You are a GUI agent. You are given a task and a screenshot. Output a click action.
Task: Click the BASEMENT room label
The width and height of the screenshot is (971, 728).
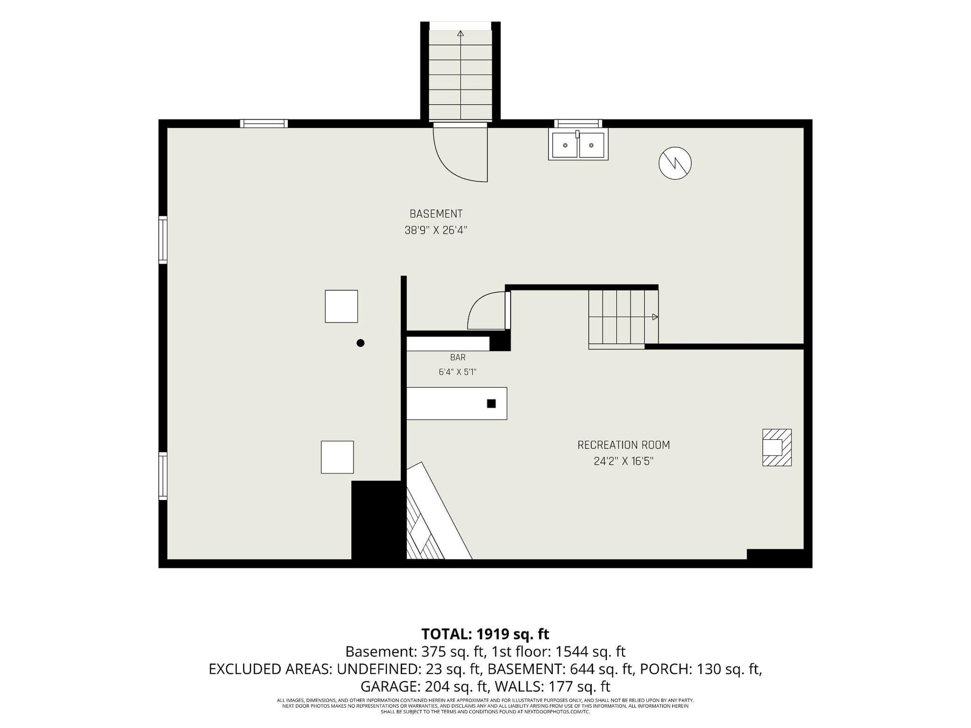(x=436, y=214)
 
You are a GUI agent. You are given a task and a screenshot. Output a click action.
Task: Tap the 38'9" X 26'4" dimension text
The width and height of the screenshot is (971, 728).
(x=436, y=231)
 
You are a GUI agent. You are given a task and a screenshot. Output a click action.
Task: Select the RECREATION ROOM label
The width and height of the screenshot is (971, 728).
(x=624, y=445)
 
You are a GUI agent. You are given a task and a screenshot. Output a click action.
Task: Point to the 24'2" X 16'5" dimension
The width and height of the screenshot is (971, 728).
(x=624, y=461)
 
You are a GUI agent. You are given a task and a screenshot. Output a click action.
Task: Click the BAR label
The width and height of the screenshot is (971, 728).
(x=458, y=357)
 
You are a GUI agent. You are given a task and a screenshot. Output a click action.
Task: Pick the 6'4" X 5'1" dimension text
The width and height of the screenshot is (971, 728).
(x=458, y=372)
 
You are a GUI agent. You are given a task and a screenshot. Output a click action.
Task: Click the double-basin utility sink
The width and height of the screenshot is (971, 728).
(x=578, y=145)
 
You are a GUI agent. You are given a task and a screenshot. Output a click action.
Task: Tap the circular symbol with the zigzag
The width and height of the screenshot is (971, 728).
(x=675, y=163)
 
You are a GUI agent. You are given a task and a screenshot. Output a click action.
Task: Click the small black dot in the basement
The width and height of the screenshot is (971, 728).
(x=361, y=343)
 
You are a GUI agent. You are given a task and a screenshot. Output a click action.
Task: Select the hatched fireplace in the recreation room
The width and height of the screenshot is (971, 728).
(x=777, y=448)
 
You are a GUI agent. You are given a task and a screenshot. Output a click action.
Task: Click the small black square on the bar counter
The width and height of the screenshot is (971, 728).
(x=491, y=403)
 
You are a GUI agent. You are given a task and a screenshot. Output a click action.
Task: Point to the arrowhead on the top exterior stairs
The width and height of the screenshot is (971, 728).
(x=460, y=34)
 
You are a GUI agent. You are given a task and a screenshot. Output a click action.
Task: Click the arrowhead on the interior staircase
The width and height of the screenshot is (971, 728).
(x=655, y=317)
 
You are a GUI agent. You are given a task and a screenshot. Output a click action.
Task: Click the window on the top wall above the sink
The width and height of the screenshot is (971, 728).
(x=578, y=123)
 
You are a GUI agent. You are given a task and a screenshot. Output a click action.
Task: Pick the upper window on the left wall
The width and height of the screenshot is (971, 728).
(x=163, y=240)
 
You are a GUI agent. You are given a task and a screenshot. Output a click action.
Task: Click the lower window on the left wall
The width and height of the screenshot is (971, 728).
(x=163, y=476)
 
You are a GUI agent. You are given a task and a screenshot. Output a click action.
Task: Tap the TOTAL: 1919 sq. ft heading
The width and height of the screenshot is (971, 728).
(x=485, y=634)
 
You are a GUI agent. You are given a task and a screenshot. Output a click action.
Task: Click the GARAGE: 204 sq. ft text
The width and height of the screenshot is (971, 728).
(x=425, y=687)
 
